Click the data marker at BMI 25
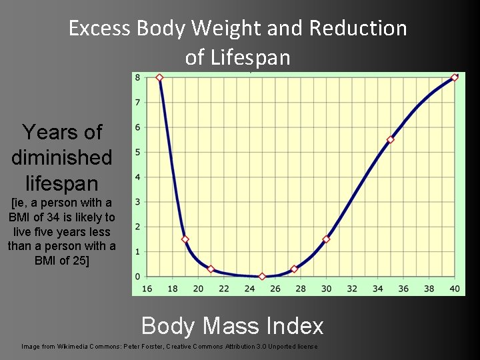pyautogui.click(x=262, y=276)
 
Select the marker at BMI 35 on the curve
pyautogui.click(x=391, y=139)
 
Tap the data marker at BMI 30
pyautogui.click(x=326, y=239)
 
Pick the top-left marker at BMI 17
pyautogui.click(x=159, y=77)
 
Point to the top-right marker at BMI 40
pyautogui.click(x=455, y=77)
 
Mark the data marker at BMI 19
pyautogui.click(x=185, y=239)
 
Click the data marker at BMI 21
pyautogui.click(x=211, y=269)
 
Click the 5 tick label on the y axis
pyautogui.click(x=137, y=153)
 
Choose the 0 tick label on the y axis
pyautogui.click(x=137, y=276)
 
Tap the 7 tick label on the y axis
pyautogui.click(x=137, y=103)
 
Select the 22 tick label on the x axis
pyautogui.click(x=224, y=288)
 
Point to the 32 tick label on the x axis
pyautogui.click(x=352, y=288)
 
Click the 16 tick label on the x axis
pyautogui.click(x=147, y=288)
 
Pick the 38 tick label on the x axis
pyautogui.click(x=429, y=288)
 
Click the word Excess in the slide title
pyautogui.click(x=100, y=29)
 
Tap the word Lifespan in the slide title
pyautogui.click(x=238, y=58)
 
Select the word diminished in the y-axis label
pyautogui.click(x=61, y=158)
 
